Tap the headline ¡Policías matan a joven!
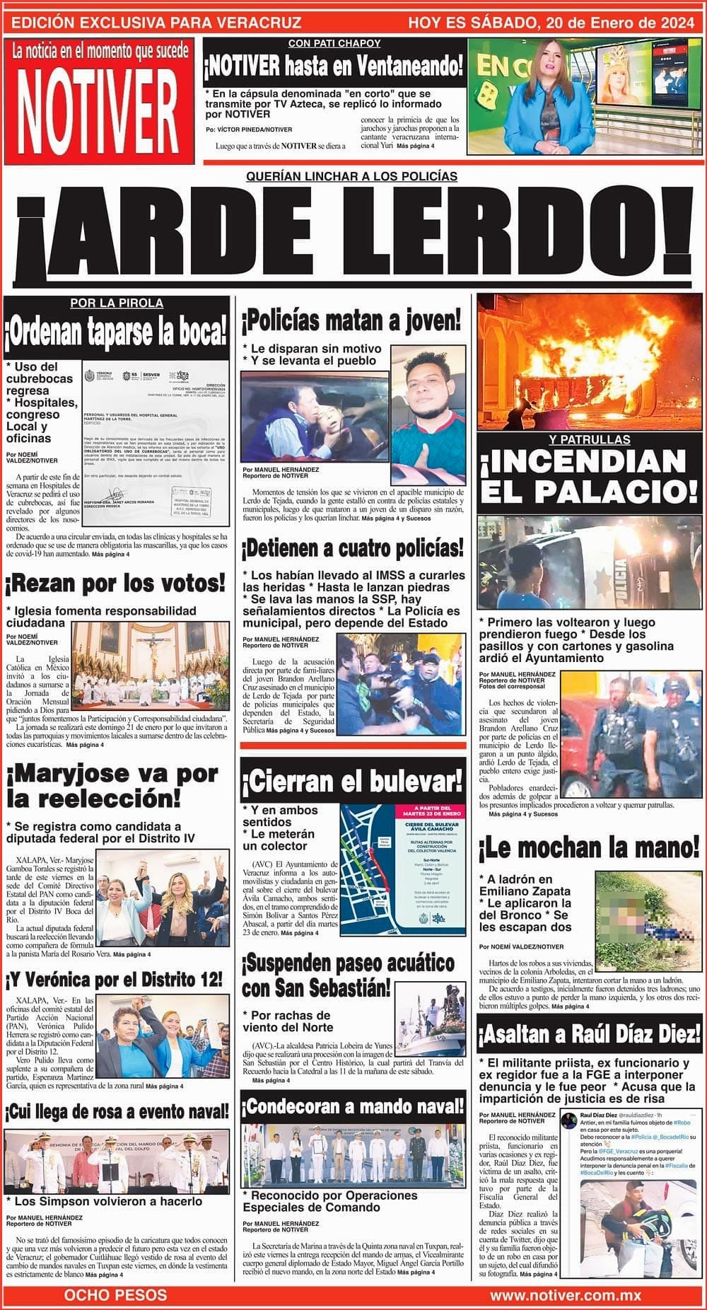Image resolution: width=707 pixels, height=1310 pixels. pyautogui.click(x=351, y=321)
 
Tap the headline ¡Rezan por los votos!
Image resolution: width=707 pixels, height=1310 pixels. pyautogui.click(x=116, y=584)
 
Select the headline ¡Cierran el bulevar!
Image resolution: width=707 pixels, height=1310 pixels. pyautogui.click(x=352, y=782)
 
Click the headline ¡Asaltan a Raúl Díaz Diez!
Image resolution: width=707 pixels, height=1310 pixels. pyautogui.click(x=589, y=1035)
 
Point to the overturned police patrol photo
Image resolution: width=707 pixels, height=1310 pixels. pyautogui.click(x=589, y=562)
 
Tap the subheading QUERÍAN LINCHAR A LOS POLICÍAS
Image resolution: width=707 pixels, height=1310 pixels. pyautogui.click(x=351, y=176)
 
